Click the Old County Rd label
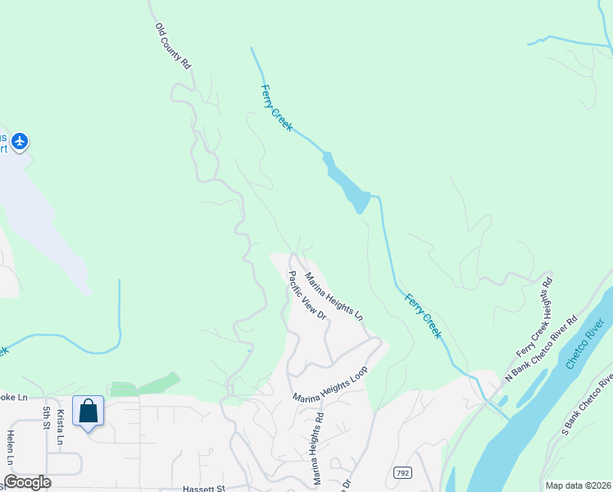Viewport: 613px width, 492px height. click(x=173, y=46)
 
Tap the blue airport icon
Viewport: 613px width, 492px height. click(x=20, y=142)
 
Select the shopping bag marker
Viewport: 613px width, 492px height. click(x=88, y=411)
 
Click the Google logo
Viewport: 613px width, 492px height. click(x=27, y=482)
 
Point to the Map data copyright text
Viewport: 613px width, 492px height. click(x=579, y=485)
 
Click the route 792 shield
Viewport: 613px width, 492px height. click(x=402, y=473)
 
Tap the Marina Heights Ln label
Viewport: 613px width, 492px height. click(x=334, y=297)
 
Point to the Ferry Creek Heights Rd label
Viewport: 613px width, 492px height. click(x=534, y=317)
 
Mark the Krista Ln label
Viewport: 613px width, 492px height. click(x=61, y=427)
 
